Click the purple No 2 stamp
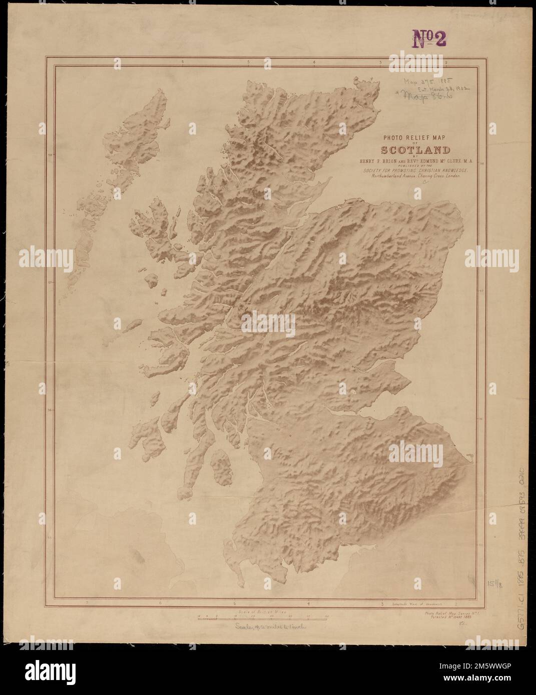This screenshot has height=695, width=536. point(428,38)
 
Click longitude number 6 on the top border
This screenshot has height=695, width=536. point(183,62)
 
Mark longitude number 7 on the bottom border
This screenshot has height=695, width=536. point(87,604)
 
